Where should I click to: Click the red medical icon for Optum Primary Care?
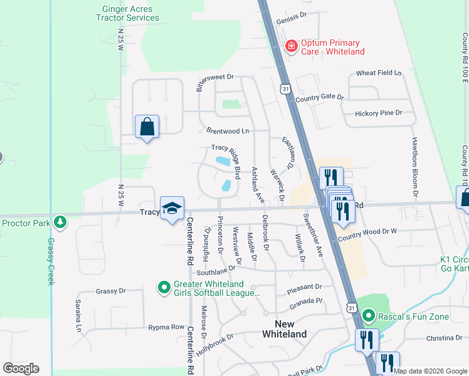point(291,46)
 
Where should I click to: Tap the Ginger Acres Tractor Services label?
point(130,13)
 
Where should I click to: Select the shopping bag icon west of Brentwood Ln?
point(147,127)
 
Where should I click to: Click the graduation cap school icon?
point(171,209)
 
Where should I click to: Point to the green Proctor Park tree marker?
point(60,222)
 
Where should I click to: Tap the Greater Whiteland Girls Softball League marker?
point(164,288)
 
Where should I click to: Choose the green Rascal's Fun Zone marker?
point(369,316)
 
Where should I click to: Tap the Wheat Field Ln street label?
point(378,73)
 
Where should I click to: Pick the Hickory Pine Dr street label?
point(378,113)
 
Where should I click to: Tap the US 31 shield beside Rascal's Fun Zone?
point(352,308)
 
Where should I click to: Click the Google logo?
point(21,368)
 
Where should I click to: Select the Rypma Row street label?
point(166,327)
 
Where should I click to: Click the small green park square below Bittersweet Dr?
point(231,104)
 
